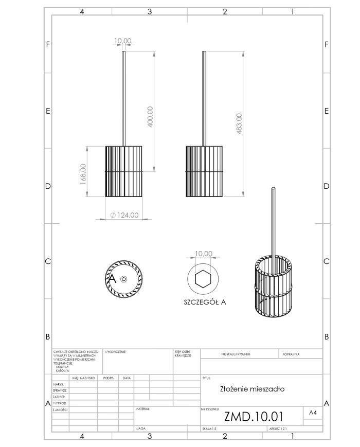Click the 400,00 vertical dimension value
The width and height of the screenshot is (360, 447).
151,117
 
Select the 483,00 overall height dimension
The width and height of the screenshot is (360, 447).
239,123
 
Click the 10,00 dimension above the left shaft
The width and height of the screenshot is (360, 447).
123,41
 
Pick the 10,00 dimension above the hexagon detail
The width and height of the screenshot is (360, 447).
204,254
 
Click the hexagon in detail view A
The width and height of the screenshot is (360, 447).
204,279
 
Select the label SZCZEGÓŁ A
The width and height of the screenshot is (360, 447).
205,302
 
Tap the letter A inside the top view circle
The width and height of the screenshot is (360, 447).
113,278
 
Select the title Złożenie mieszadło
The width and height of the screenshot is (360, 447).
252,389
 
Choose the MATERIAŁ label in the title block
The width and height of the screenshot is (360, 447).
143,409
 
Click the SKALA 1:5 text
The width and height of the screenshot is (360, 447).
208,428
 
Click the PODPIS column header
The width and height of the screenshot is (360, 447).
109,378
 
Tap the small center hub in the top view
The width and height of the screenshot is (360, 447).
124,279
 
